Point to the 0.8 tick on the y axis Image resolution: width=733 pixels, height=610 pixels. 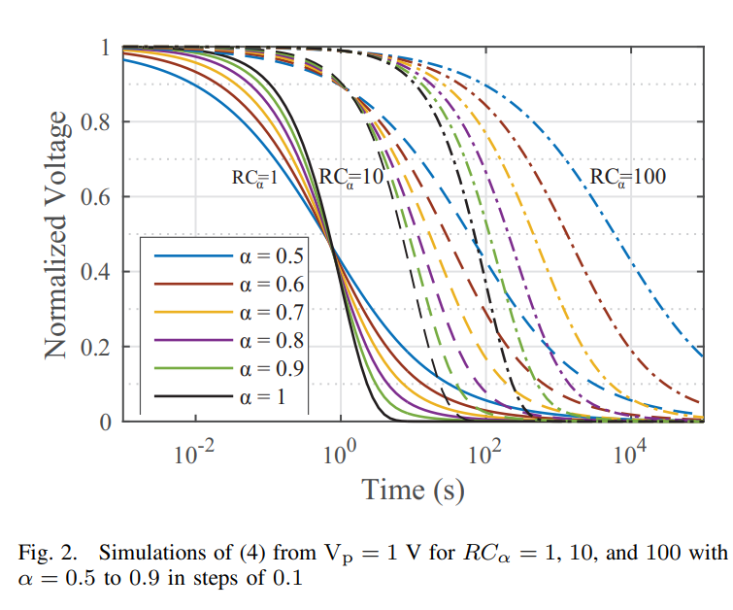click(x=99, y=122)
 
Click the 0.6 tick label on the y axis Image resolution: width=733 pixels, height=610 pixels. click(x=99, y=197)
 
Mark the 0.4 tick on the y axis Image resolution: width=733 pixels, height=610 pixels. click(x=99, y=272)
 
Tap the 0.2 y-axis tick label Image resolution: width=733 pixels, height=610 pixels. click(x=99, y=347)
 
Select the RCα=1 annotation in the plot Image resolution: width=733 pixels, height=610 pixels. click(x=254, y=178)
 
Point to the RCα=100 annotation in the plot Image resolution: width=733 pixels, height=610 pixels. click(x=627, y=178)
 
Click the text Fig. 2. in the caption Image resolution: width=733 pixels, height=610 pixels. click(x=46, y=553)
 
